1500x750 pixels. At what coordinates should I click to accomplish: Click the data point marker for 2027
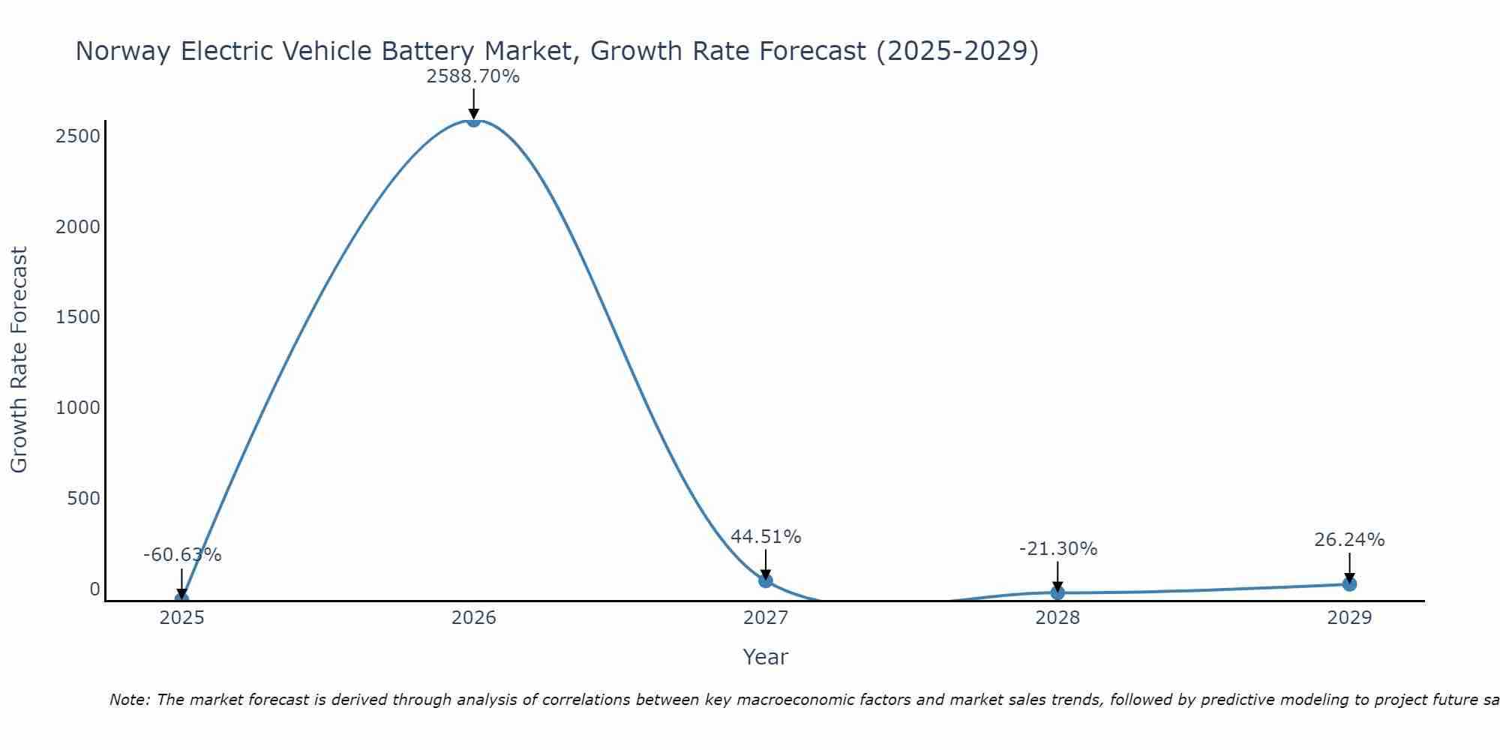pos(765,580)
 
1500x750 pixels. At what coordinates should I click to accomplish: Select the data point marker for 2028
pos(1057,592)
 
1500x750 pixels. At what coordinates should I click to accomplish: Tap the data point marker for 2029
pos(1349,583)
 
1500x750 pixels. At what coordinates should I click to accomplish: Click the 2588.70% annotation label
pos(473,76)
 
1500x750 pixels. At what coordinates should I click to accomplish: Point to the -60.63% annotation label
pos(182,555)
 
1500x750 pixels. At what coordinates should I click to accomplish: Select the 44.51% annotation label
pos(766,537)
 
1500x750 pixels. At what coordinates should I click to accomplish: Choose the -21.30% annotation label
pos(1057,549)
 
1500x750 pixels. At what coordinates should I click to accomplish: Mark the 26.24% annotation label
pos(1349,540)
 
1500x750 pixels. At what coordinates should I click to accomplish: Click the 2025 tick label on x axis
pos(182,618)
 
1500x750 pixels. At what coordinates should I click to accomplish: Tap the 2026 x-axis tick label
pos(473,618)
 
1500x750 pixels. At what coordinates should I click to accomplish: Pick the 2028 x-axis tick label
pos(1057,618)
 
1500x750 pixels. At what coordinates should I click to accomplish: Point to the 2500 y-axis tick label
pos(78,136)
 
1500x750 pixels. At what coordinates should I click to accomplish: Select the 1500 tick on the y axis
pos(78,317)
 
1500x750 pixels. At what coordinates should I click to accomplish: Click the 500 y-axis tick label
pos(83,499)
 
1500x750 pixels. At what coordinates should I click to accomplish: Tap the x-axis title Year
pos(765,658)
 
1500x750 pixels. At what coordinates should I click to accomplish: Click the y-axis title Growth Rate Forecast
pos(19,360)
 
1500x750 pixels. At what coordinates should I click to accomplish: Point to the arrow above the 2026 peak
pos(473,103)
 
